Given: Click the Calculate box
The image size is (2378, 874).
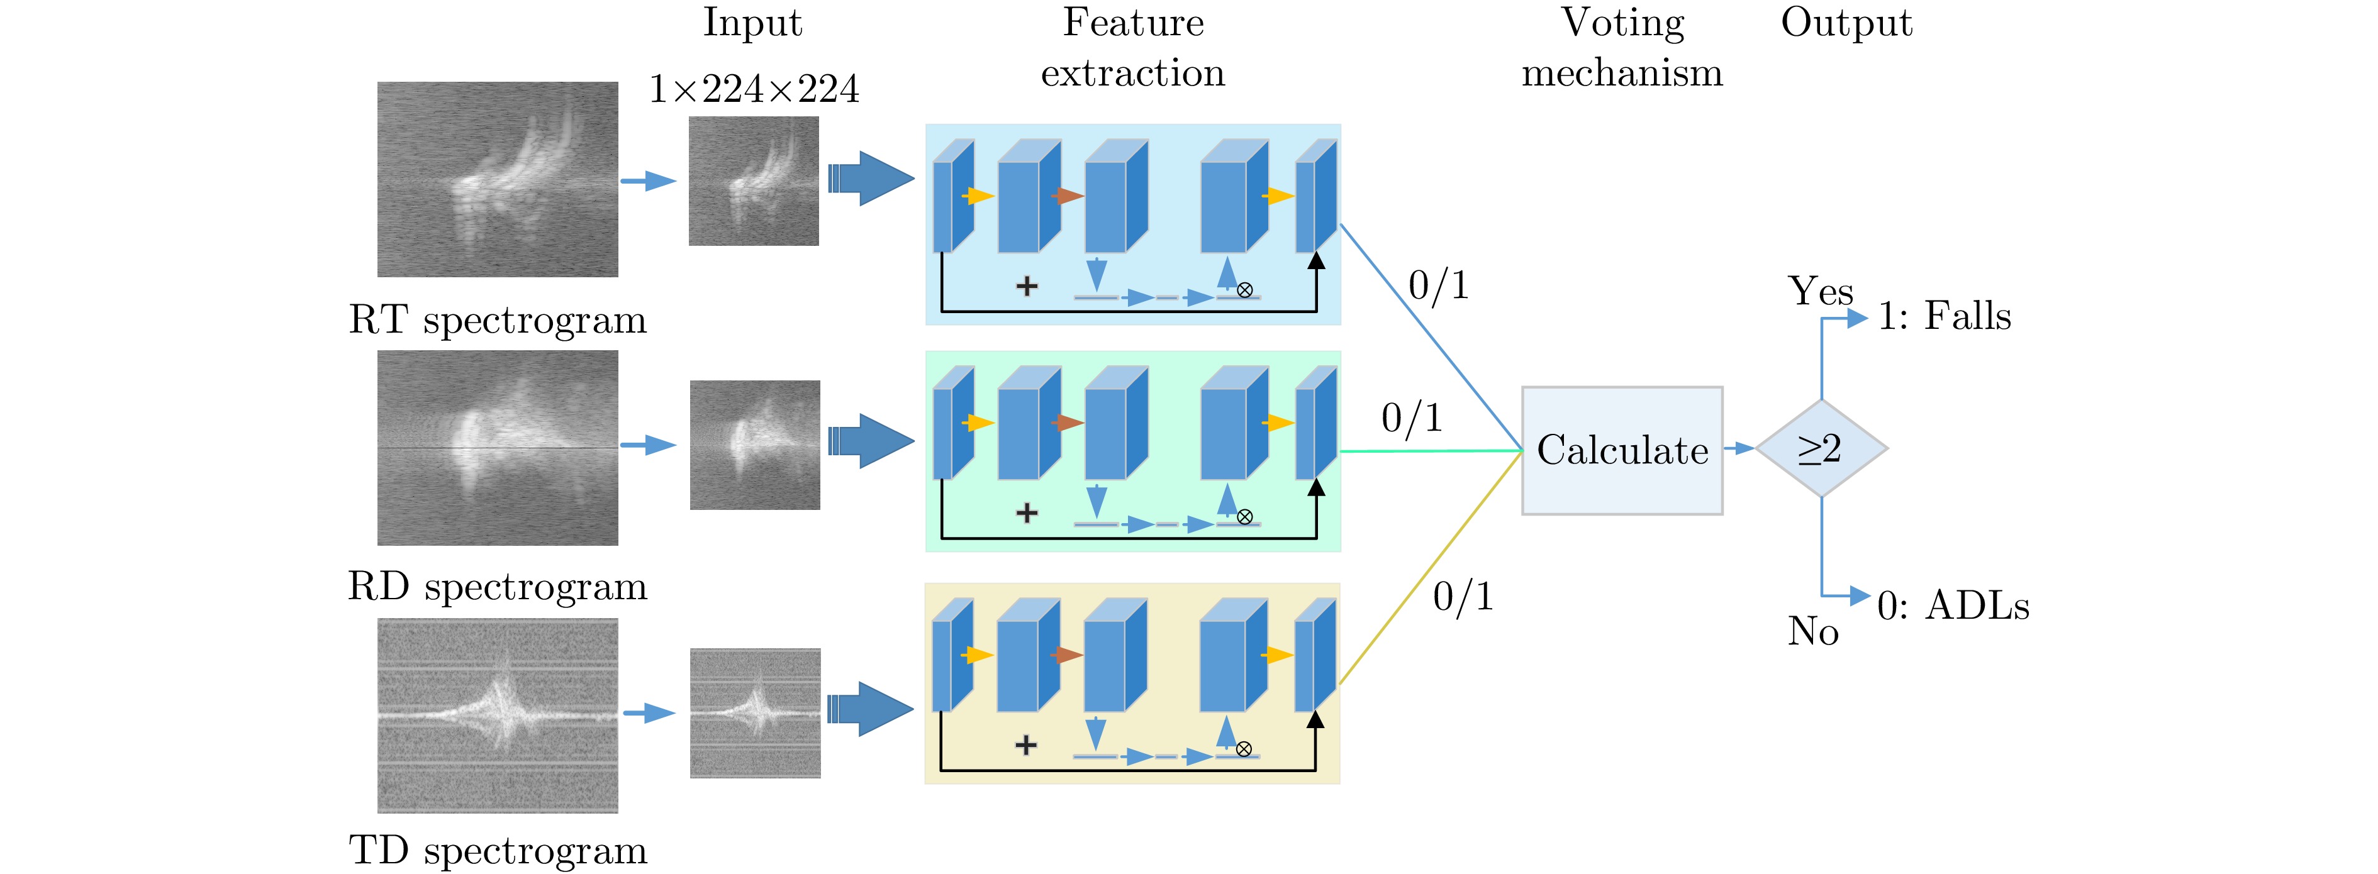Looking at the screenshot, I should coord(1622,450).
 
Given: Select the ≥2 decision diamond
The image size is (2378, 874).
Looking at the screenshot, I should coord(1821,448).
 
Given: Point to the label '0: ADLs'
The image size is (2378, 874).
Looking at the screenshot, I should coord(1953,606).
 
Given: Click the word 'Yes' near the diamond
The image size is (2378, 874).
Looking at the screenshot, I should coord(1821,292).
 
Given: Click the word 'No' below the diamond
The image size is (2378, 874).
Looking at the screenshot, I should coord(1813,632).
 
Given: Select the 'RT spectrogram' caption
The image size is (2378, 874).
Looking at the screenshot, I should coord(498,320).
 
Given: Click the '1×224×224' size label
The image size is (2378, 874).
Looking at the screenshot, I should coord(753,89).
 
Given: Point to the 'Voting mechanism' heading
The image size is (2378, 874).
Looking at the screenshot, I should coord(1622,48).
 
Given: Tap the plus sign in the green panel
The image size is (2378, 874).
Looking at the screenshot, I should coord(1027,513).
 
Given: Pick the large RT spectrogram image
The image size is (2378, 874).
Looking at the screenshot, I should coord(498,179).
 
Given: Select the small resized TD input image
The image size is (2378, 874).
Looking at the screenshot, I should coord(755,712).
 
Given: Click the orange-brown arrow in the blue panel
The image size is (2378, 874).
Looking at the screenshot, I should coord(1068,196).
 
